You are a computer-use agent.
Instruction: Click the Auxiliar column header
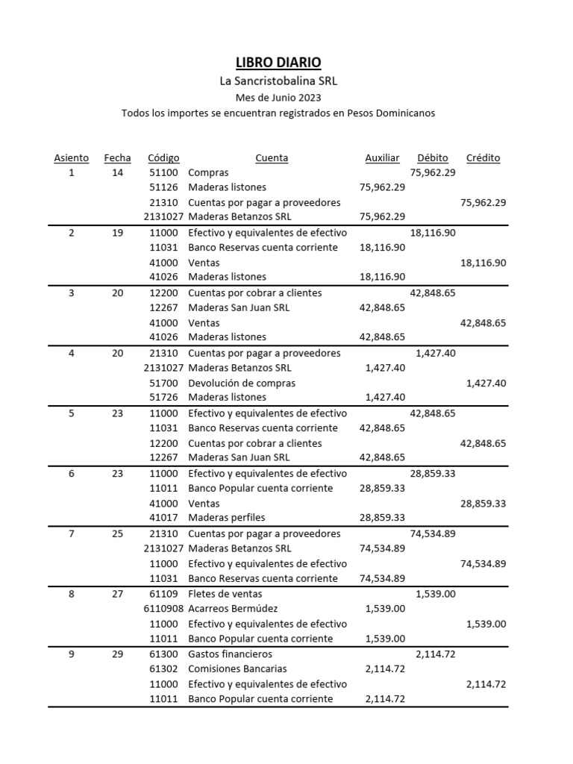(382, 158)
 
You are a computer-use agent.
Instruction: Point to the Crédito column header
(483, 158)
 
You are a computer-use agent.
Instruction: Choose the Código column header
(163, 158)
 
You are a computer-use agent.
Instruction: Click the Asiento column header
(72, 158)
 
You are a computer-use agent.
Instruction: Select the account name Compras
(208, 172)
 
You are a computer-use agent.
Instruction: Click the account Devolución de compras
(242, 383)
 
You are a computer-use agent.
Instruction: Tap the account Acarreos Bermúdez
(233, 608)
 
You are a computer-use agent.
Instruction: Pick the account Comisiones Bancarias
(237, 668)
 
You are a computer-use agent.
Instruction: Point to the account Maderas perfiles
(227, 518)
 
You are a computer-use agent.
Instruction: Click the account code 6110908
(163, 608)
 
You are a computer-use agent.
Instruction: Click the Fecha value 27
(118, 593)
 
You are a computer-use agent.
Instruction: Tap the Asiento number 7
(72, 533)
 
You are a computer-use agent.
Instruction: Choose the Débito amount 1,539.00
(435, 593)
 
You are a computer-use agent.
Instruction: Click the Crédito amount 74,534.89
(483, 563)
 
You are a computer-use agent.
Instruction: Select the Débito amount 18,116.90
(433, 232)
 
